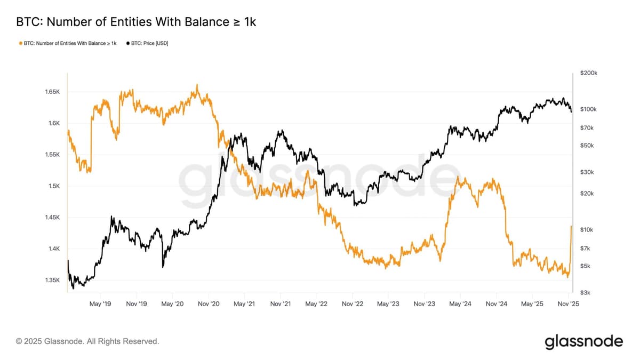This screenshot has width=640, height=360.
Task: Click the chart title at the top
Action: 136,22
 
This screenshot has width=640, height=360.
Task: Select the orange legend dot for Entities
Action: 20,43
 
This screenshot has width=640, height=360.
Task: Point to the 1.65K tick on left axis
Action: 53,92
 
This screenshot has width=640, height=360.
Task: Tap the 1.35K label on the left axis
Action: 53,280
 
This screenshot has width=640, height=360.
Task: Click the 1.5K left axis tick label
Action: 54,186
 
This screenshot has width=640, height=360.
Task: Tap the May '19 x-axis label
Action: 100,303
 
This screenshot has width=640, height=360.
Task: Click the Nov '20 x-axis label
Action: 209,303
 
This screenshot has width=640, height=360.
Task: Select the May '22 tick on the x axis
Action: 316,303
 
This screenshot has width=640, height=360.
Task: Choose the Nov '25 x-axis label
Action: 568,303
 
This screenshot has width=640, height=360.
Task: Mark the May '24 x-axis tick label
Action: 460,303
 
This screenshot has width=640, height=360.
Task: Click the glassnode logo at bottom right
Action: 583,341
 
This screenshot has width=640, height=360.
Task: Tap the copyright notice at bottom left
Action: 87,341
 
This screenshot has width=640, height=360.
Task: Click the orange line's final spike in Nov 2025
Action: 571,227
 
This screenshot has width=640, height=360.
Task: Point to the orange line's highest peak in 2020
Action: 197,85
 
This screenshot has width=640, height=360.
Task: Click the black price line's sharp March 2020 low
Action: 163,267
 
